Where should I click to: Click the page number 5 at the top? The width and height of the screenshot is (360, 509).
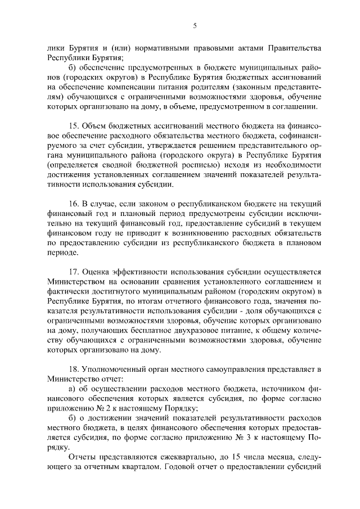194,25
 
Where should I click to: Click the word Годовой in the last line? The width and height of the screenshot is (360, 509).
204,466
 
